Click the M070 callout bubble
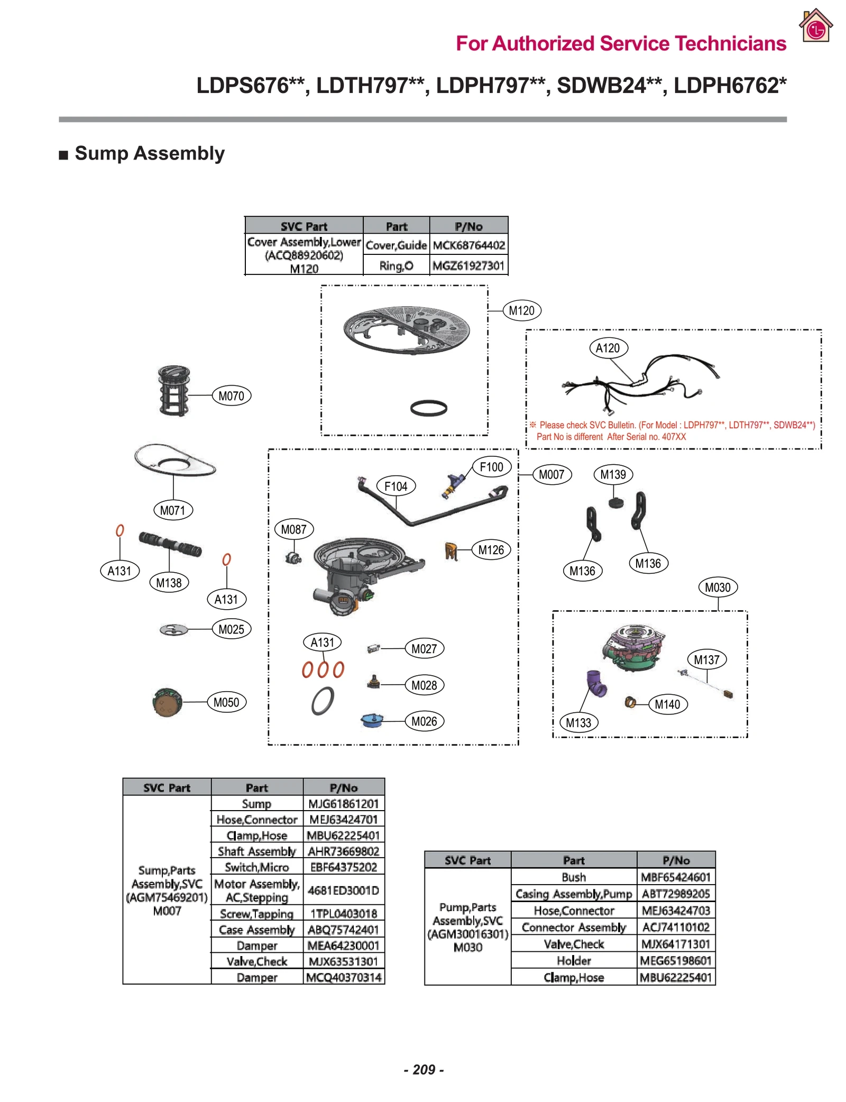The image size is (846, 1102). pos(231,396)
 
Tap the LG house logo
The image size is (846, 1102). pos(815,25)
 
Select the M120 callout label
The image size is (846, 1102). pos(521,310)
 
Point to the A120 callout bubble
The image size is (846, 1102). pos(608,348)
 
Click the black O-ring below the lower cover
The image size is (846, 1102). pos(428,408)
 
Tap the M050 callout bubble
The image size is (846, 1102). pos(226,702)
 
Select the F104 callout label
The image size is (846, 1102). pos(396,486)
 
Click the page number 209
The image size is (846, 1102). pos(424,1069)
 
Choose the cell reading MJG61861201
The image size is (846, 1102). pos(344,804)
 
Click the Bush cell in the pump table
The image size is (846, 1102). pos(574,877)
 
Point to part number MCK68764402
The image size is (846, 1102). pos(468,245)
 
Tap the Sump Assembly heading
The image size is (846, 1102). pos(150,153)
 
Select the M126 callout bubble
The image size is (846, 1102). pos(491,550)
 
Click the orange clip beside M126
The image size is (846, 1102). pos(450,551)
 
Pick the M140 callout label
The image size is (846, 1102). pos(667,704)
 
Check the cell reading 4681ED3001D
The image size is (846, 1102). pos(344,890)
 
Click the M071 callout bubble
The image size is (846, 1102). pos(172,510)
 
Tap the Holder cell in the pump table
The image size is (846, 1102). pos(574,960)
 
